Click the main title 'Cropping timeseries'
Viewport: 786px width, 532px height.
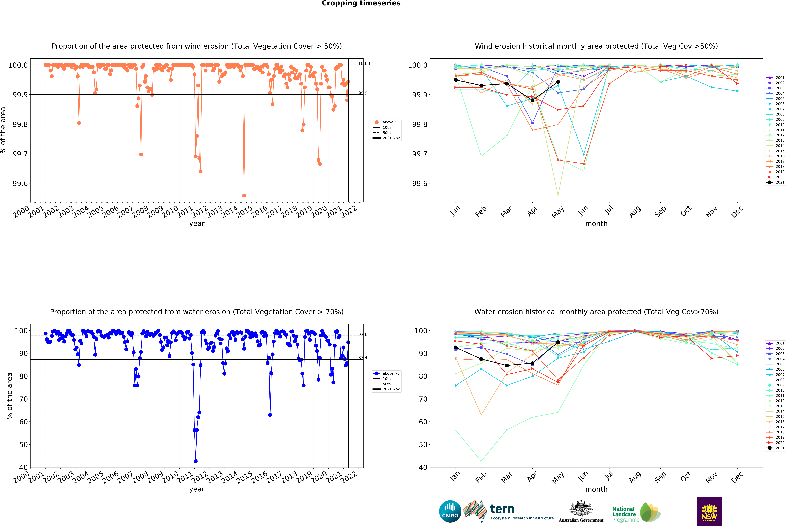[x=361, y=3]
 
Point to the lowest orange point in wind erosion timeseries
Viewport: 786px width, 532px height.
[x=244, y=195]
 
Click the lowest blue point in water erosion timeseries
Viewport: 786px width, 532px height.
[x=195, y=461]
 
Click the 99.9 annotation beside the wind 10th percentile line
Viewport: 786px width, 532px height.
[x=363, y=93]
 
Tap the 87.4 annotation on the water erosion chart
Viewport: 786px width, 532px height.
[x=363, y=358]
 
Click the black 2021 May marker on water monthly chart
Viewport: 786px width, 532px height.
[x=558, y=342]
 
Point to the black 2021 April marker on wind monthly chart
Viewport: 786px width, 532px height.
[x=532, y=100]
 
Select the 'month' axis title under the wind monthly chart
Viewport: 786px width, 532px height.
[x=596, y=224]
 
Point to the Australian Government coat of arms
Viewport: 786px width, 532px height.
[x=581, y=508]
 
